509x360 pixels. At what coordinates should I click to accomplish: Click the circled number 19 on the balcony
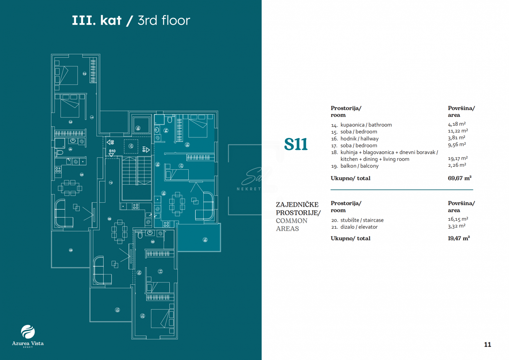point(205,240)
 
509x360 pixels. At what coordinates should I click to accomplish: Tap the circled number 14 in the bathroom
point(166,131)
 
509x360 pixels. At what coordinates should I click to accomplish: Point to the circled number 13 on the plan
point(117,310)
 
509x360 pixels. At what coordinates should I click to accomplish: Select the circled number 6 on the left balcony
point(71,250)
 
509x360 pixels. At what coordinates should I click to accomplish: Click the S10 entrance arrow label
point(112,152)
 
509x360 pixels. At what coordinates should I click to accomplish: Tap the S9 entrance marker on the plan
point(110,142)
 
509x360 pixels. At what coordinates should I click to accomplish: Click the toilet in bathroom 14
point(170,120)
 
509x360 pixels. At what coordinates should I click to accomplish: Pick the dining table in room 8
point(119,229)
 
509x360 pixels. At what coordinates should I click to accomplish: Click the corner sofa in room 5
point(63,214)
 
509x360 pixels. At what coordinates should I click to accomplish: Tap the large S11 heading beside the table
point(296,145)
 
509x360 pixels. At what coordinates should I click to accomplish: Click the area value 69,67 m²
point(459,178)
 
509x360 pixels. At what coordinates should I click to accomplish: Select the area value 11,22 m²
point(458,131)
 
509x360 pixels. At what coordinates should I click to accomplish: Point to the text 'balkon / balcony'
point(359,166)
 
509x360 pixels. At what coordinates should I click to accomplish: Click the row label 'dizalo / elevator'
point(359,227)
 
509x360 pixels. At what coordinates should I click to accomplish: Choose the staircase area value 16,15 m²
point(458,219)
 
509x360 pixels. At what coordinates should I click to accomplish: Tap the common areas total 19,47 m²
point(459,238)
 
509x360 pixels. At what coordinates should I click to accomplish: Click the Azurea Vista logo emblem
point(28,332)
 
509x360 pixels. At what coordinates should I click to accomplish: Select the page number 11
point(487,345)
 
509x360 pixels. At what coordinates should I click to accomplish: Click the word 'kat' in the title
point(111,21)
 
